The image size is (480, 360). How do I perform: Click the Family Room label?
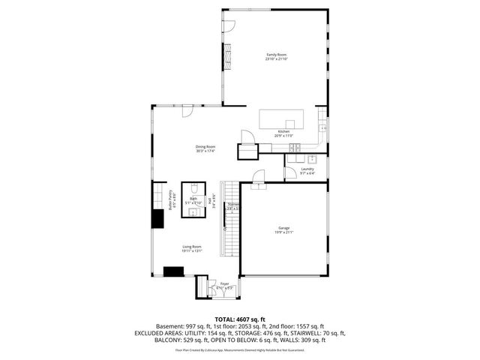276,56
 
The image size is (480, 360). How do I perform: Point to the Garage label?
283,230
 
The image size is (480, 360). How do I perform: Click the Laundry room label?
307,170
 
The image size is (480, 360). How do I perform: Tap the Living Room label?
192,248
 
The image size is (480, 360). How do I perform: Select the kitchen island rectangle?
282,119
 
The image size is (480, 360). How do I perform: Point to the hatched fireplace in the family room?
226,55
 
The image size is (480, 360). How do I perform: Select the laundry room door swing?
289,174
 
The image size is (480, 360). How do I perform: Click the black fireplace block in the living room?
175,272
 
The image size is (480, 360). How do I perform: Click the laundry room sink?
312,159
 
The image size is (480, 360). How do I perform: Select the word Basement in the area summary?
169,326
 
